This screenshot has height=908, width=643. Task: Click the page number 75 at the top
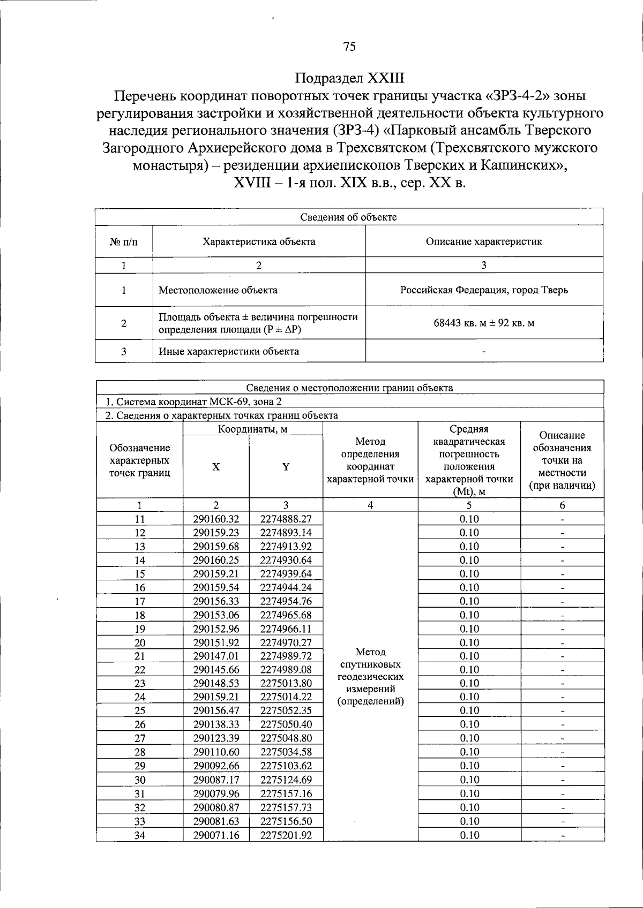point(349,47)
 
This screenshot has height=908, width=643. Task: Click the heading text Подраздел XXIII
point(349,78)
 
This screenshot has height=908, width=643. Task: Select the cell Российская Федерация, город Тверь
point(484,290)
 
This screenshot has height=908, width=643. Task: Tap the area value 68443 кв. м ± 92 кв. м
point(484,323)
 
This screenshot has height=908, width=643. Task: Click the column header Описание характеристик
point(484,241)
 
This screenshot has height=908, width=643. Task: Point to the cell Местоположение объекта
point(218,290)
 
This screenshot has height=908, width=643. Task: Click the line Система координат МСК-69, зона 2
point(193,402)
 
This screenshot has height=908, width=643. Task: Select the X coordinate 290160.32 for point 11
point(216,519)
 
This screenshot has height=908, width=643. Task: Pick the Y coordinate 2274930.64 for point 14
point(286,560)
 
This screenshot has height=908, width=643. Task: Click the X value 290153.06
point(216,615)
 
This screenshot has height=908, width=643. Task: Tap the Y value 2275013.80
point(286,683)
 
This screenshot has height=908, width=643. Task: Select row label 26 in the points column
point(140,724)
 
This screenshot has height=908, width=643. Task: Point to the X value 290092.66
point(216,766)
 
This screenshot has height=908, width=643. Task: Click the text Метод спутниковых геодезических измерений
point(370,676)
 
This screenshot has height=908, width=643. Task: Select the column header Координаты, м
point(253,429)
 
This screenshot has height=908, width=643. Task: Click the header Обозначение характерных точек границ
point(140,460)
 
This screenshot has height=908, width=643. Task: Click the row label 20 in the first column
point(140,642)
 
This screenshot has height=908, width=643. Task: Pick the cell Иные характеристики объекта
point(229,351)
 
